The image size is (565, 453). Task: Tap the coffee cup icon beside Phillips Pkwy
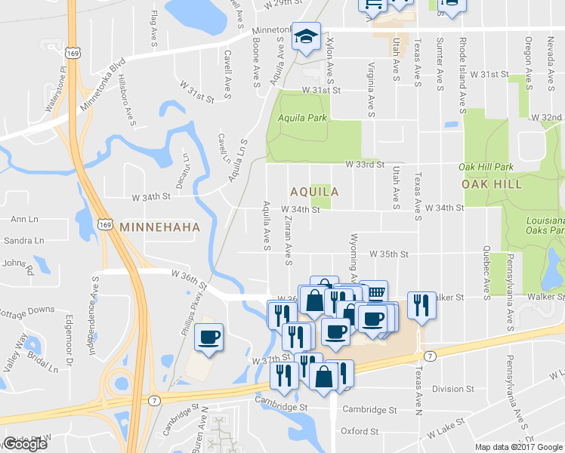click(208, 337)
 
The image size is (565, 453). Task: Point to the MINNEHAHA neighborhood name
click(159, 226)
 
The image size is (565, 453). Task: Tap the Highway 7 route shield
click(429, 356)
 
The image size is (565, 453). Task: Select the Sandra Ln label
click(23, 241)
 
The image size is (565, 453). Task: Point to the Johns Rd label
click(18, 265)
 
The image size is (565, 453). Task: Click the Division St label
click(452, 390)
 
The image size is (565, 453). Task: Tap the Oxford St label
click(359, 432)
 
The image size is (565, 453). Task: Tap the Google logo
click(25, 444)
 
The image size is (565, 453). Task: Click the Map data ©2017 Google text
click(518, 447)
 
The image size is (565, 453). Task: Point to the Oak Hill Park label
click(486, 166)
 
